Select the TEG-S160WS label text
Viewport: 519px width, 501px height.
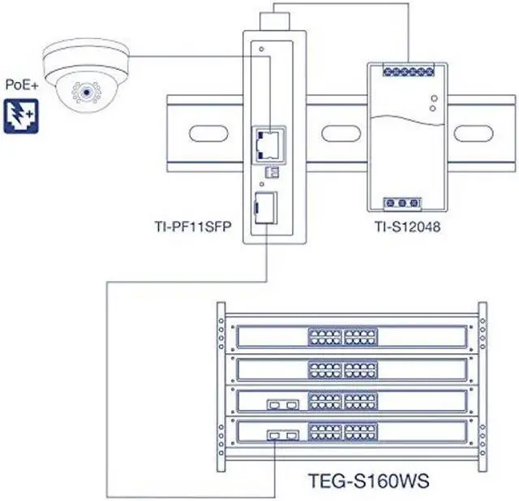point(369,481)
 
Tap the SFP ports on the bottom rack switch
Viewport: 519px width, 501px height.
point(284,436)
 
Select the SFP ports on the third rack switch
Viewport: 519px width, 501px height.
point(283,404)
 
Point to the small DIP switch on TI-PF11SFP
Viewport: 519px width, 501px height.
point(270,173)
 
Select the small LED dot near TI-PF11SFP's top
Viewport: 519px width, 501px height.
point(261,50)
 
